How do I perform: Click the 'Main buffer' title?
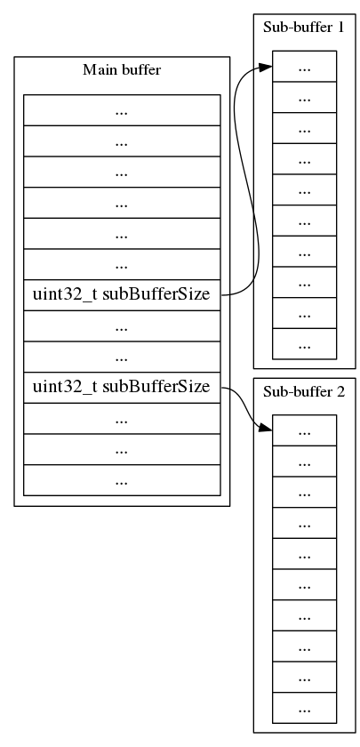(122, 69)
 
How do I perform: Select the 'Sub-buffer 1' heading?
(304, 27)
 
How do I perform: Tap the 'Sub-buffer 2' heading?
(304, 391)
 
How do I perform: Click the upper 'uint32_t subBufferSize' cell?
(122, 295)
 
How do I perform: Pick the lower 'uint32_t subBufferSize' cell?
(122, 387)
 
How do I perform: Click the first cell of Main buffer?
(122, 110)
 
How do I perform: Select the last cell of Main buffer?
(122, 480)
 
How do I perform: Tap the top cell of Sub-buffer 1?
(304, 67)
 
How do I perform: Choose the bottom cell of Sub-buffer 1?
(304, 343)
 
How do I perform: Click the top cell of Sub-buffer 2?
(304, 430)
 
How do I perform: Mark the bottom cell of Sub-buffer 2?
(304, 709)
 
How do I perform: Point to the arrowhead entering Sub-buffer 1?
(266, 67)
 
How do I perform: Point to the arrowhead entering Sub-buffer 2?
(266, 430)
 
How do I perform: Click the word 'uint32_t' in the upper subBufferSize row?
(65, 295)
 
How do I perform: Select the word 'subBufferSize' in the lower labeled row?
(156, 387)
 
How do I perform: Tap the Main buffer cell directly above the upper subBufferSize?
(122, 265)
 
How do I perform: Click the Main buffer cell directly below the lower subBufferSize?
(122, 418)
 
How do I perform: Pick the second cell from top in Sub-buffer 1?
(304, 98)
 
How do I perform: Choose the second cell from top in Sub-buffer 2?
(304, 462)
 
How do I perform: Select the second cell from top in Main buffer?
(122, 141)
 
